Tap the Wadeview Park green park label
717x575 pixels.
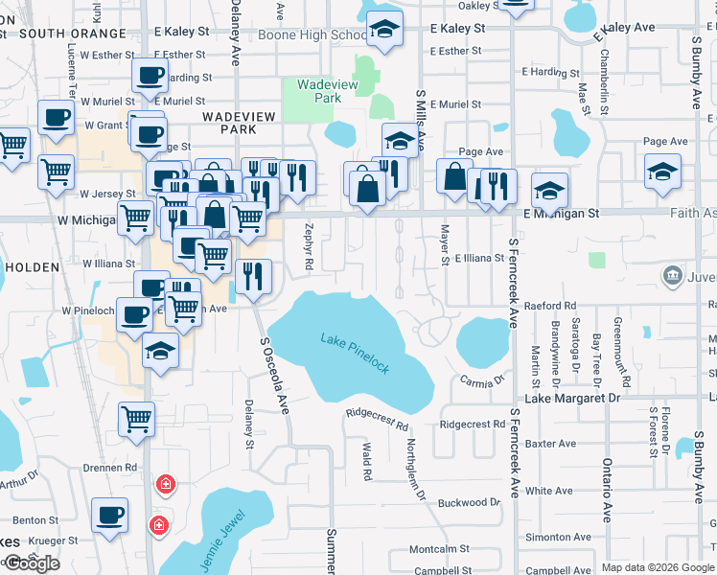(319, 91)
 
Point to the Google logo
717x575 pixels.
(31, 563)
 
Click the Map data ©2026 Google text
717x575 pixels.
(658, 567)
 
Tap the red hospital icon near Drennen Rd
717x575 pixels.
(166, 484)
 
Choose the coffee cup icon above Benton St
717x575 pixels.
(109, 515)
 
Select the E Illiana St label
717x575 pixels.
(479, 259)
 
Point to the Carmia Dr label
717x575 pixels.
(482, 380)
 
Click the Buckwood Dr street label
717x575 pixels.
(469, 502)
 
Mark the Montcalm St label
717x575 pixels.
(439, 549)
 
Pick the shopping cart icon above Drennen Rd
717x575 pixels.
(136, 418)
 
